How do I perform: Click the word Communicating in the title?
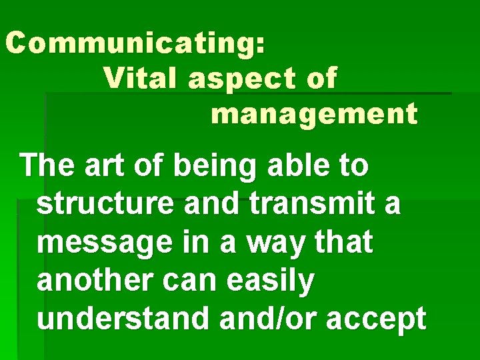(x=130, y=43)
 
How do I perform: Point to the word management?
(x=314, y=115)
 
